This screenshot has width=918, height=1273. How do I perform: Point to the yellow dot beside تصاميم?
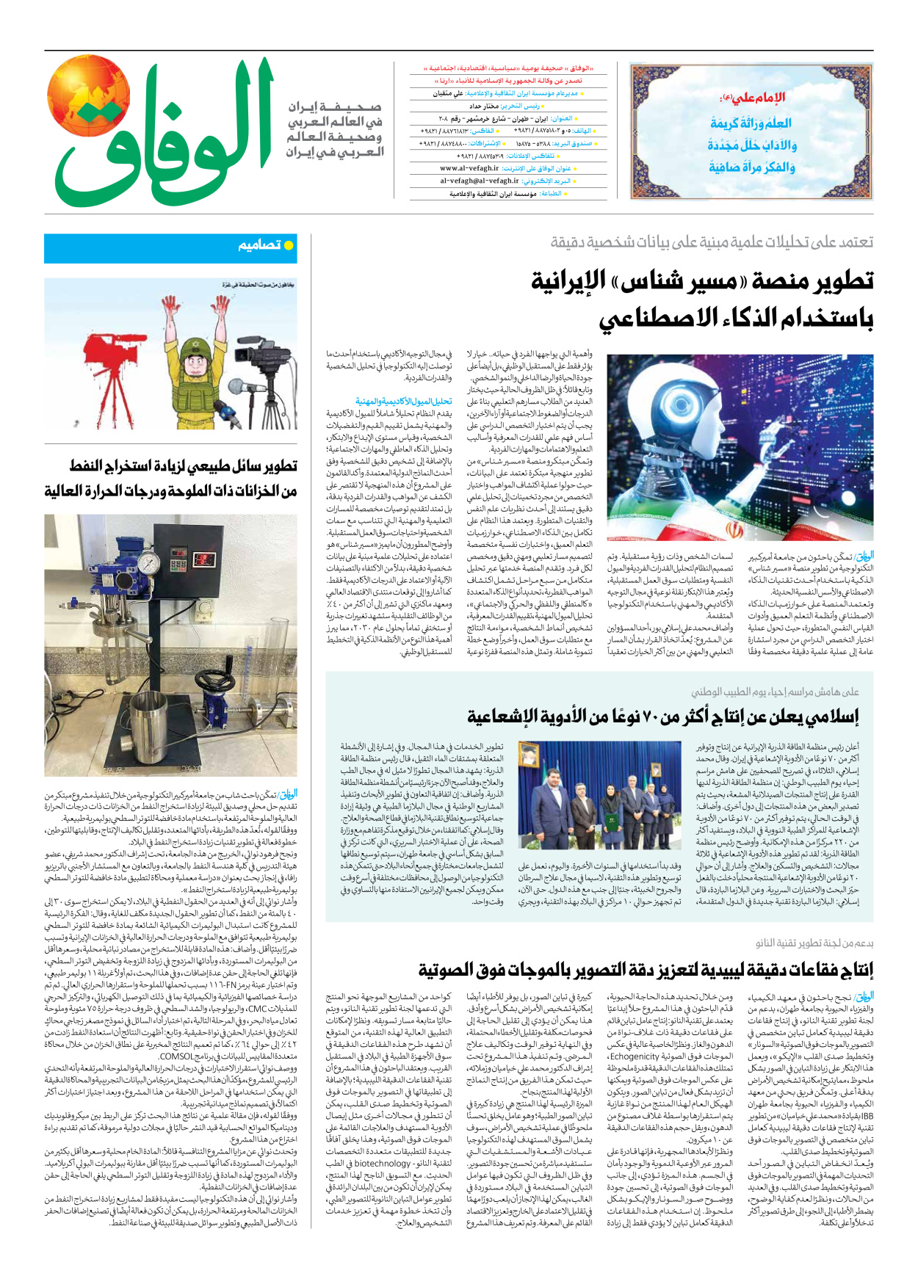click(x=289, y=245)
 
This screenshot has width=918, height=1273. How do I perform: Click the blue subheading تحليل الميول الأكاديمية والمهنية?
click(x=403, y=402)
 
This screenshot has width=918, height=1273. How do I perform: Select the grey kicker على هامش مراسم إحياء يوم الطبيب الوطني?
click(x=774, y=692)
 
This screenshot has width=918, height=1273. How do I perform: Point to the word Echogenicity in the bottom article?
click(x=635, y=1056)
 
